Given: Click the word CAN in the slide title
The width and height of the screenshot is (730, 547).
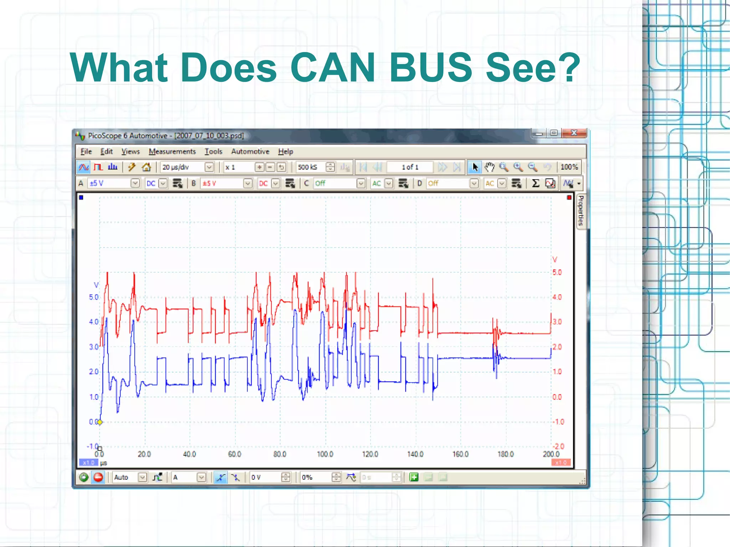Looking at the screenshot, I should tap(333, 68).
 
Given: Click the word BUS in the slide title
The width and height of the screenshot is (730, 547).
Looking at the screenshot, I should tap(431, 68).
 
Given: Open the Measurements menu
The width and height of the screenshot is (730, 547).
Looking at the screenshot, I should tap(172, 152).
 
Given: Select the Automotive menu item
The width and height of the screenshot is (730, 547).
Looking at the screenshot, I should tap(250, 152).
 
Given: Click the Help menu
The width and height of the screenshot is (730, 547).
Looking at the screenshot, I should tap(286, 152).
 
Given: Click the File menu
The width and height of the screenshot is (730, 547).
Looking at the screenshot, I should tap(86, 152).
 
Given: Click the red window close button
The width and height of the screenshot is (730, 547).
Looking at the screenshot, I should tap(574, 133).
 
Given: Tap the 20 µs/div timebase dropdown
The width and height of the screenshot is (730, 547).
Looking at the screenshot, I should tap(187, 167).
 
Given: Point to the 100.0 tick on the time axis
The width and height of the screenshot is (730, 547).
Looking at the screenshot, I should tap(325, 454).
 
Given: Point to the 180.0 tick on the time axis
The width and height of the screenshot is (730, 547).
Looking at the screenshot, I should tap(505, 454).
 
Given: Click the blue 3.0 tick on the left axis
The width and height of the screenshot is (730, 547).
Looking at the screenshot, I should tap(93, 347).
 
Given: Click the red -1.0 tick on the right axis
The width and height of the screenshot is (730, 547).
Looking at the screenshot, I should tap(558, 422).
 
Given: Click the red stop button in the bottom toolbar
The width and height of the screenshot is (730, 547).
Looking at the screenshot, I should tap(98, 478).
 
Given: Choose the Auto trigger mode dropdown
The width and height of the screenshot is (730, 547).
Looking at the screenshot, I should tap(129, 478).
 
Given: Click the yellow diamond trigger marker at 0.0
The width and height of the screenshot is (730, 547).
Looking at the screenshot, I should tap(100, 422).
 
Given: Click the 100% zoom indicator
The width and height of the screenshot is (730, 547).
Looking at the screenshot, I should tap(569, 167).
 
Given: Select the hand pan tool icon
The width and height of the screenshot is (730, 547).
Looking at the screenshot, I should tap(489, 167).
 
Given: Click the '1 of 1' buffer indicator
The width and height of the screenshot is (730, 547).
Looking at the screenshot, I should tap(410, 167).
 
